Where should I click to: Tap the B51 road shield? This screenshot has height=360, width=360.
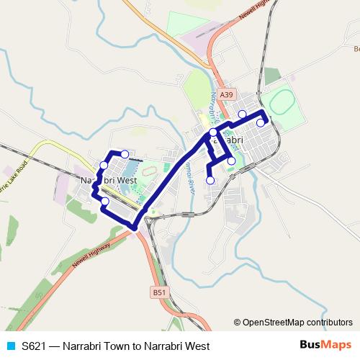159,292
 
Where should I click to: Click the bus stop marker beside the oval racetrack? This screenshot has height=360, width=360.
261,123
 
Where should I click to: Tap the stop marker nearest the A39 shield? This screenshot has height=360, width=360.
243,114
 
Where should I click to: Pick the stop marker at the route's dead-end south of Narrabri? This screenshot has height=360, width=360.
210,181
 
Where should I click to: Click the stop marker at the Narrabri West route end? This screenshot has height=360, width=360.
125,154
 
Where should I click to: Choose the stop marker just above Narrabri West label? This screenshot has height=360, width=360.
104,166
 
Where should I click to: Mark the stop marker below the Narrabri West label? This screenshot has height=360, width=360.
105,201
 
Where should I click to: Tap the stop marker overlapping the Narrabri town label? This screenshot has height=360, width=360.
214,132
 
